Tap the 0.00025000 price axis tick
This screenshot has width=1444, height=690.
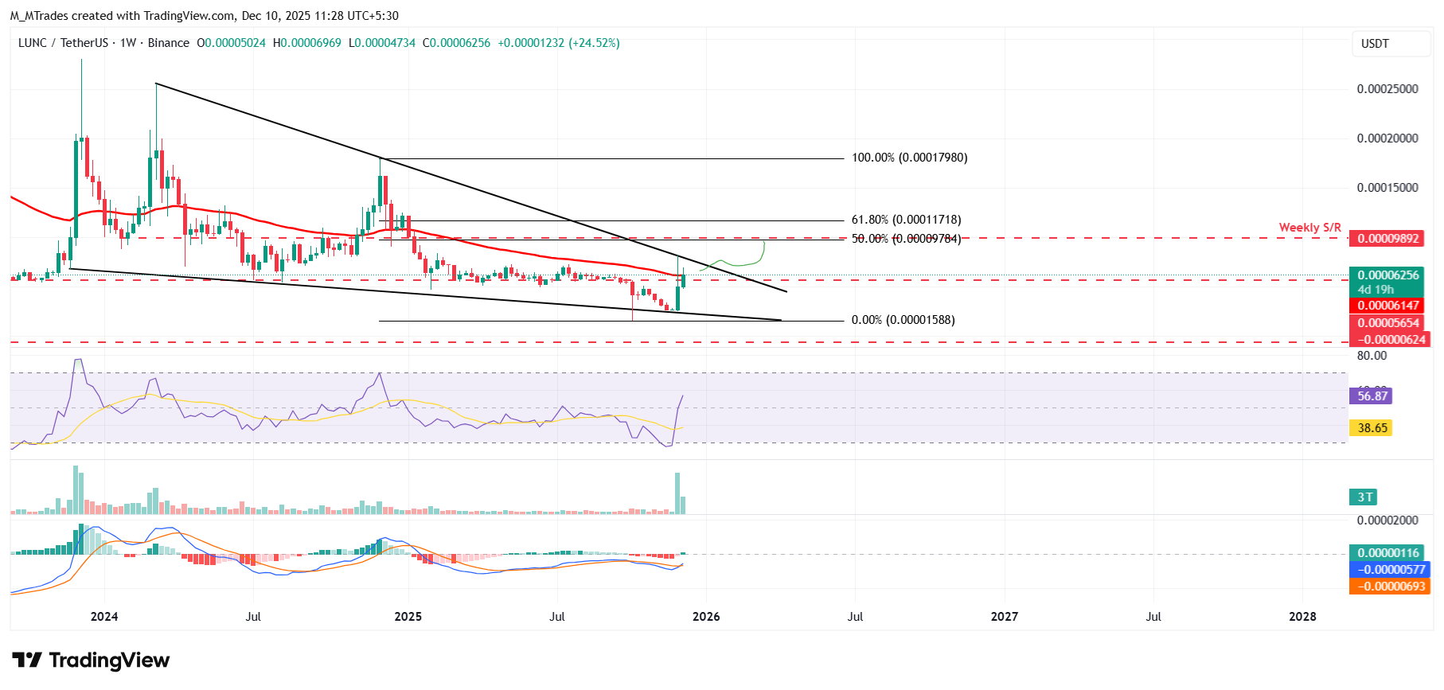point(1387,89)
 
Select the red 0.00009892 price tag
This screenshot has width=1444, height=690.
point(1387,239)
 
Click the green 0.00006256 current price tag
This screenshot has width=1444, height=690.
point(1387,275)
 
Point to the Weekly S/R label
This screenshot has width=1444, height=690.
point(1309,228)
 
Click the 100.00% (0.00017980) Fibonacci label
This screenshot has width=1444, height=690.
point(909,158)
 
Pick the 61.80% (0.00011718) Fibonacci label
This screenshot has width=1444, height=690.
point(906,220)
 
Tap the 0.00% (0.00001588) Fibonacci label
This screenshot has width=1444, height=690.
point(903,320)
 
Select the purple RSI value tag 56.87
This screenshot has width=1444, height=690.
point(1372,396)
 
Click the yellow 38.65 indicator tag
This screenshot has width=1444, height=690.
point(1372,428)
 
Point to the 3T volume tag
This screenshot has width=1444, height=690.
point(1364,497)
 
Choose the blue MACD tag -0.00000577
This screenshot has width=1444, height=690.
point(1389,570)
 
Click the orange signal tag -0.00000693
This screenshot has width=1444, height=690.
point(1389,587)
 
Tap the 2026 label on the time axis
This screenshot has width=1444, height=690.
point(706,617)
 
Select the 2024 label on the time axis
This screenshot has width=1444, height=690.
point(104,617)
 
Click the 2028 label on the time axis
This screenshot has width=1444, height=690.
point(1302,617)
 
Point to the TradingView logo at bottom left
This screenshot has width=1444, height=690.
point(91,661)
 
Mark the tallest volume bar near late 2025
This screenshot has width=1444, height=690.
point(677,493)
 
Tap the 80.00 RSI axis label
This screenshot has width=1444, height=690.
point(1372,356)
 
